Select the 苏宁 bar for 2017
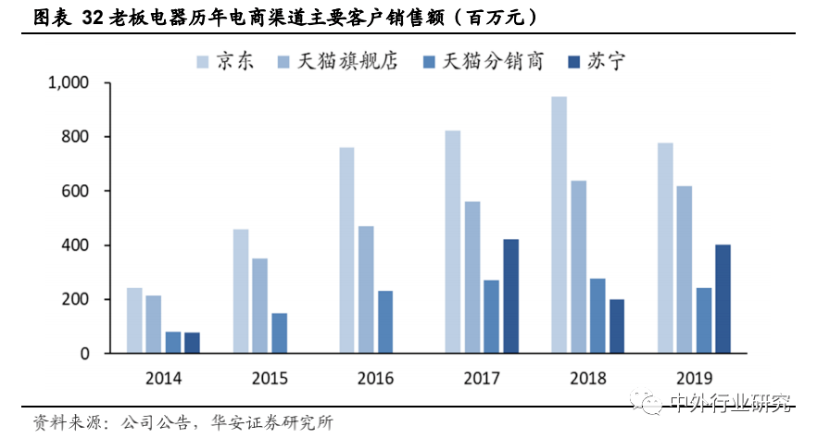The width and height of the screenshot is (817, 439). coord(510,296)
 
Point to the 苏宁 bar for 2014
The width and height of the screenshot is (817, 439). coord(192,343)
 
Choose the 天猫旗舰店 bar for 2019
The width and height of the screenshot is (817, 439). coord(684,270)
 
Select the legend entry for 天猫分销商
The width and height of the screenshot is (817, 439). coord(482,61)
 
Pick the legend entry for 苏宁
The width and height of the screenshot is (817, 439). coord(597,61)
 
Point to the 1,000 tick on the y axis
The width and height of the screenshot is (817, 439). coord(68,83)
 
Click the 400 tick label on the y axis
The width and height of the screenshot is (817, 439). coord(75,245)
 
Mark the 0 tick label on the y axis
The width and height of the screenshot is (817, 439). coord(84,354)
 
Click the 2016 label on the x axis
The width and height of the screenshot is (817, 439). coord(375,378)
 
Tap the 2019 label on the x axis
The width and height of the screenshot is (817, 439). coord(694,378)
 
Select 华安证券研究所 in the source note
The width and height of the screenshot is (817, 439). coord(273,422)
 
